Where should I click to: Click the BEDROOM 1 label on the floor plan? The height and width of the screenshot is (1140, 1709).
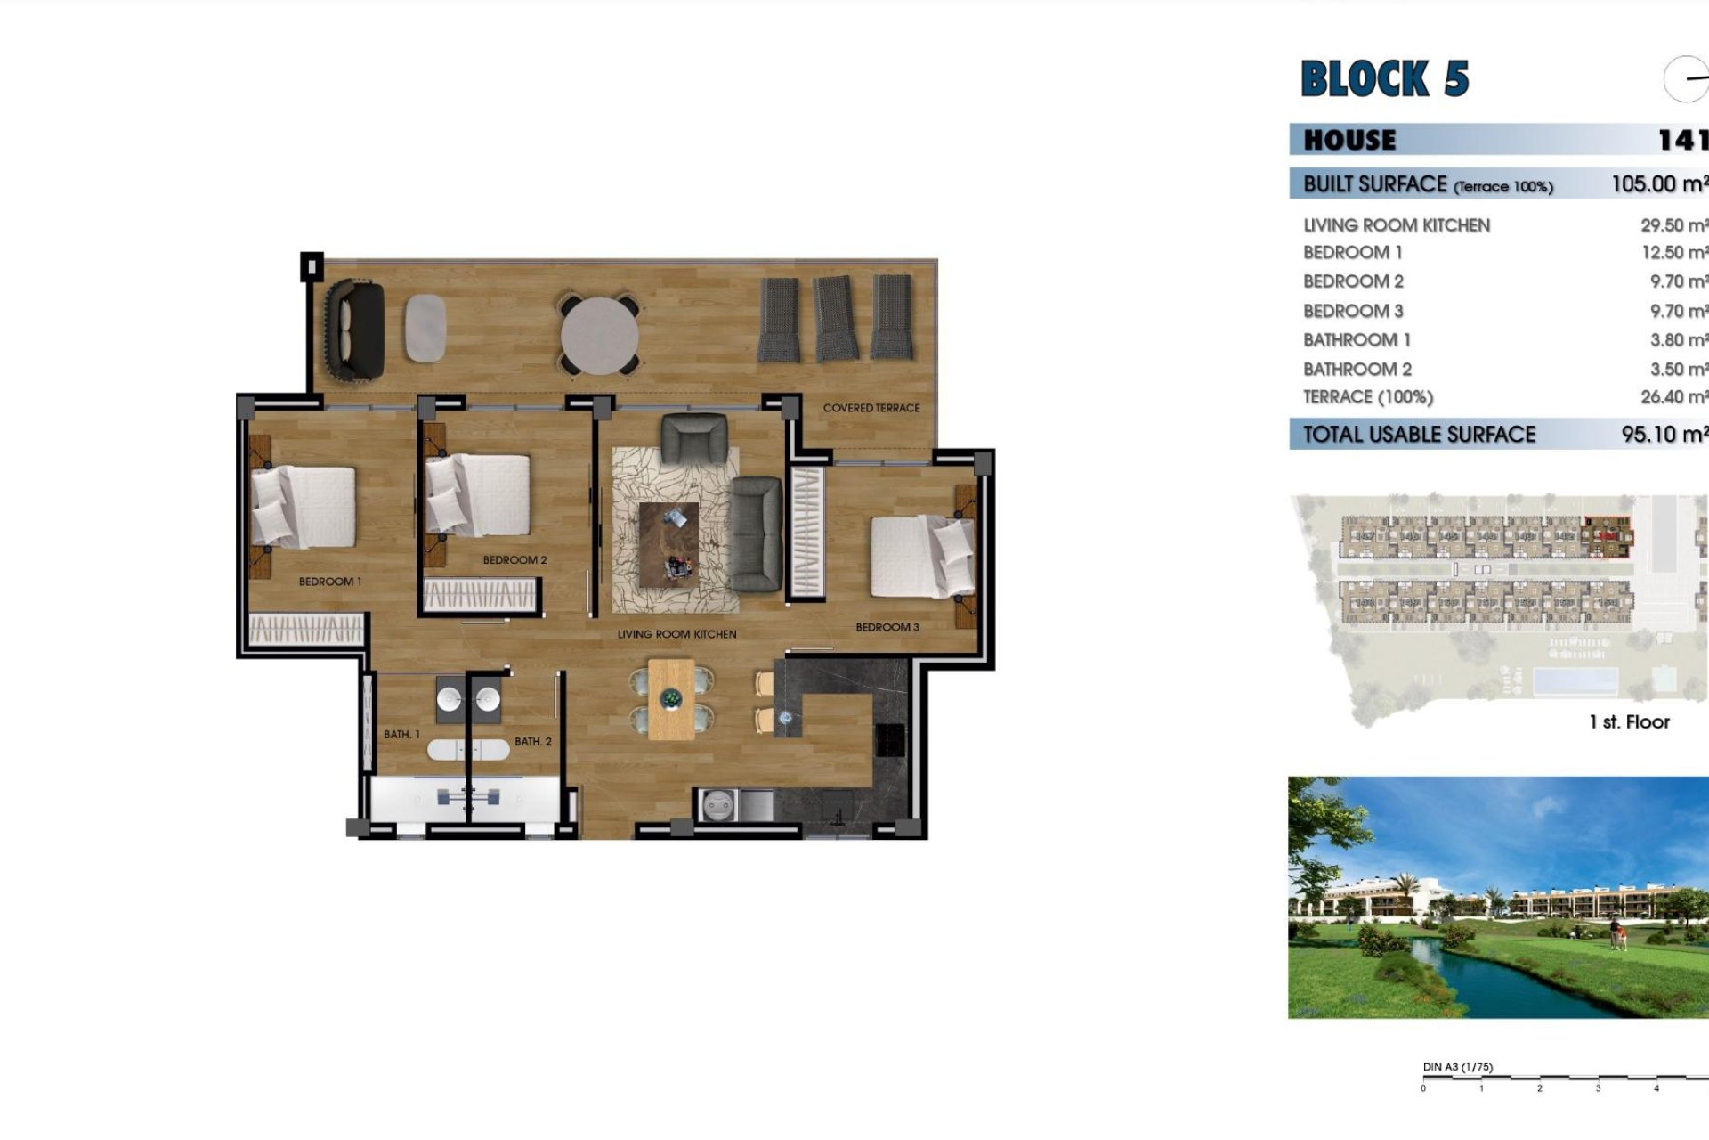pos(329,582)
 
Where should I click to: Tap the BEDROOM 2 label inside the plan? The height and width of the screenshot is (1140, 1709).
pos(514,560)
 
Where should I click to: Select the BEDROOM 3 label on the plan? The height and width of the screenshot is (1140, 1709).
pos(887,627)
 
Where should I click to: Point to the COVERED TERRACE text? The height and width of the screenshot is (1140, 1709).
pos(871,408)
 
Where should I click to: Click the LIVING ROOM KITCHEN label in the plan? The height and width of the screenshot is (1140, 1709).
pos(676,634)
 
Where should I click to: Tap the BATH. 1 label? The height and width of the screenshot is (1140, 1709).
pos(401,735)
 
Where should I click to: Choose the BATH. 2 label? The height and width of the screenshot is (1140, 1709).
pos(532,741)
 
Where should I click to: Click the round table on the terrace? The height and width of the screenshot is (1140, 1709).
pos(599,335)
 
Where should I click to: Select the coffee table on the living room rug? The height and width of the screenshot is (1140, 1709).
pos(668,544)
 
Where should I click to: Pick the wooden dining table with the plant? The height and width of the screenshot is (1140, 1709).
pos(671,700)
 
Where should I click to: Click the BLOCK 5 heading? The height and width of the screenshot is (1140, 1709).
pos(1384,78)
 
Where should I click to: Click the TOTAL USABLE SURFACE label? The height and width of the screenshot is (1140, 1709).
pos(1419,435)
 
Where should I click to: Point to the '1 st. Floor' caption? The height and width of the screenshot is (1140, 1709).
pos(1629,722)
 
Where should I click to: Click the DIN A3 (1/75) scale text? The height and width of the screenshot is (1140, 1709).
pos(1457,1067)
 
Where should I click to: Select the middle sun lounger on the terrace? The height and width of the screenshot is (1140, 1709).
pos(836,317)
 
